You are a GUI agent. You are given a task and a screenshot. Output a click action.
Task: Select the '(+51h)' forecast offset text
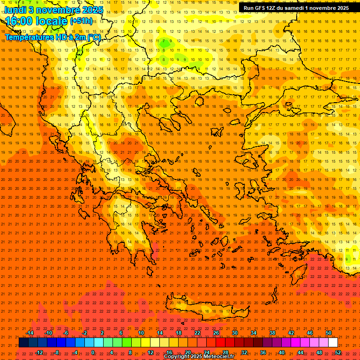pyautogui.click(x=81, y=21)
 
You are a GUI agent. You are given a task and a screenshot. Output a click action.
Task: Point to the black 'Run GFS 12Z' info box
pyautogui.click(x=296, y=8)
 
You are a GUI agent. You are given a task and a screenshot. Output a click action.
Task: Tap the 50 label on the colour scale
pyautogui.click(x=329, y=333)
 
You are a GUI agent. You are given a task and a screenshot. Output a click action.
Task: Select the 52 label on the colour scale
pyautogui.click(x=338, y=352)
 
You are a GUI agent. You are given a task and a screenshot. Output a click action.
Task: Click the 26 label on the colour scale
pyautogui.click(x=216, y=333)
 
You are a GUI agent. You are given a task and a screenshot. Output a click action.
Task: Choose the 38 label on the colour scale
pyautogui.click(x=272, y=333)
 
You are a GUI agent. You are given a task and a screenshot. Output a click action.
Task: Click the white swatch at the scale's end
pyautogui.click(x=333, y=343)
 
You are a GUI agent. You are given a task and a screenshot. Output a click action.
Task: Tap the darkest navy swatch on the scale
pyautogui.click(x=24, y=343)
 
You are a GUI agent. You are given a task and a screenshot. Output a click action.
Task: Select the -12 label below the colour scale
pyautogui.click(x=39, y=352)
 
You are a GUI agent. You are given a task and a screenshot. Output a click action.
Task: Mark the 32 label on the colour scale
pyautogui.click(x=244, y=352)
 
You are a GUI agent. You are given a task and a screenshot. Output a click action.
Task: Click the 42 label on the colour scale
pyautogui.click(x=291, y=333)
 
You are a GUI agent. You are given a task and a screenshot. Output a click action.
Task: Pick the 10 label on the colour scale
pyautogui.click(x=141, y=333)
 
